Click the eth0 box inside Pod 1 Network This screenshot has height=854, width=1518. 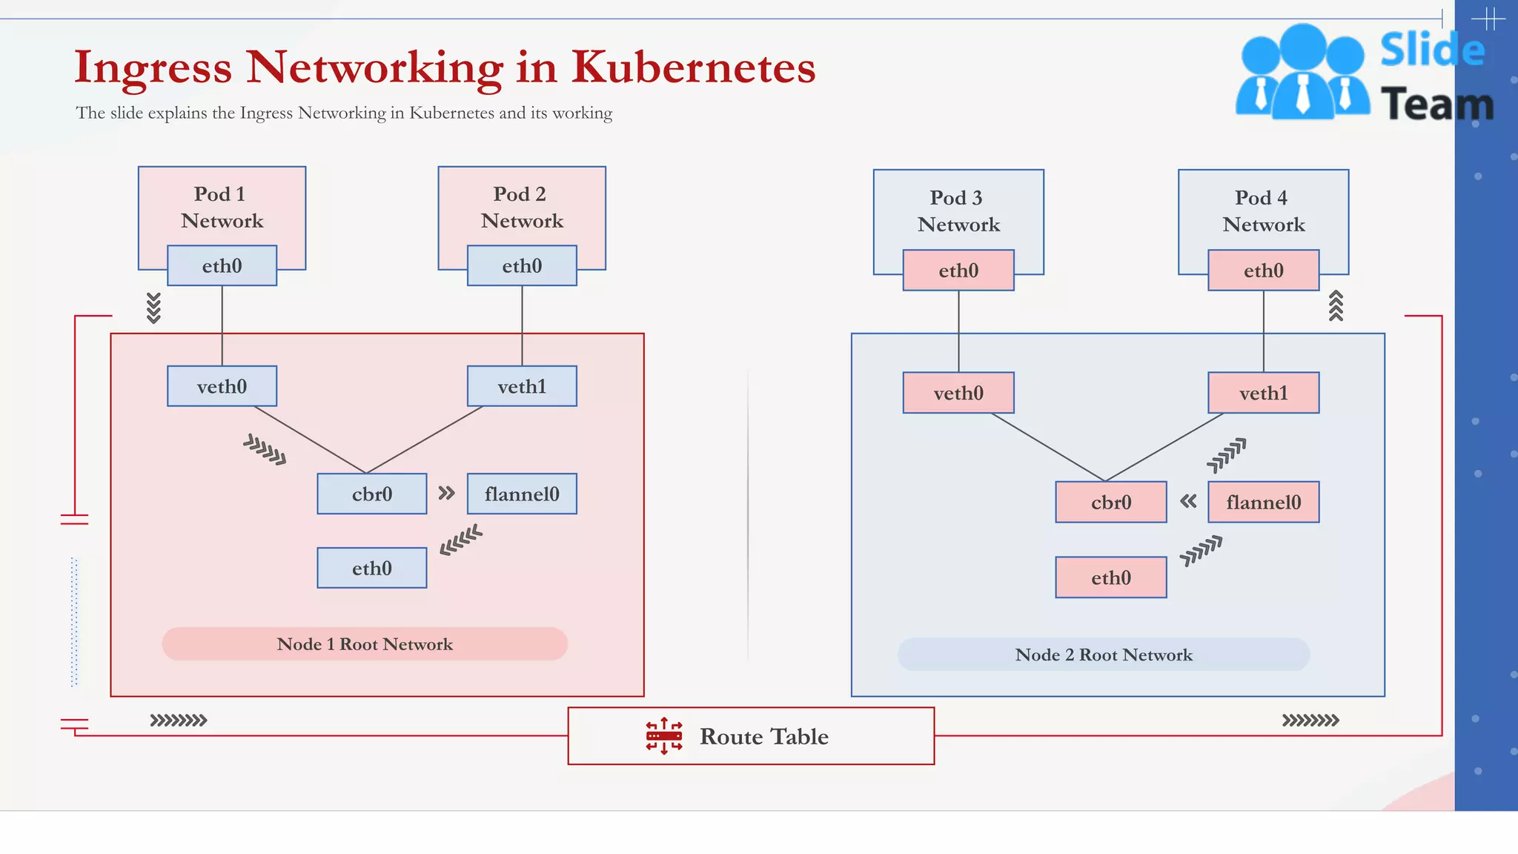pos(222,265)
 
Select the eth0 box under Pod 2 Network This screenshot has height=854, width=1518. pos(522,265)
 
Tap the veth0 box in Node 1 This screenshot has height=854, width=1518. pos(222,386)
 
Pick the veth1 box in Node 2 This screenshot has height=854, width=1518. pos(1263,393)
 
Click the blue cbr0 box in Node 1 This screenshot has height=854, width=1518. pos(371,494)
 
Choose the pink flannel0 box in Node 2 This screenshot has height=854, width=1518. pos(1263,502)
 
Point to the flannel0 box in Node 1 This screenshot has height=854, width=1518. pos(522,494)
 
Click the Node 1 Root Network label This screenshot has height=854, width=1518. pos(365,644)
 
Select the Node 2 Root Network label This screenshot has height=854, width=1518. pos(1103,655)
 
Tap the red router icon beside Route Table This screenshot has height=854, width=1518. pos(663,736)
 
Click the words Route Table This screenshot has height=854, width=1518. pos(763,736)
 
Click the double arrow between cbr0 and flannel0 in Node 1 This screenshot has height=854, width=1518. pos(446,493)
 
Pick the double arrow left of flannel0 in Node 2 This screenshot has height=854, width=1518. pos(1188,501)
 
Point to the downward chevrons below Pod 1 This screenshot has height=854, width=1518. pos(153,308)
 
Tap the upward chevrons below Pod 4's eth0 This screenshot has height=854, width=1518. pos(1336,305)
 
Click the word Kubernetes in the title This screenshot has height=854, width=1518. pos(693,67)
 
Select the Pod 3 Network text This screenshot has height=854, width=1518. pos(958,211)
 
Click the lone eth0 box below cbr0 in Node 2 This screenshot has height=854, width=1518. pos(1110,577)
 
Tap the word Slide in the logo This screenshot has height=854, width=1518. pos(1432,50)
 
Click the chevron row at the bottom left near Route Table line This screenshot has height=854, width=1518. pos(179,720)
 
